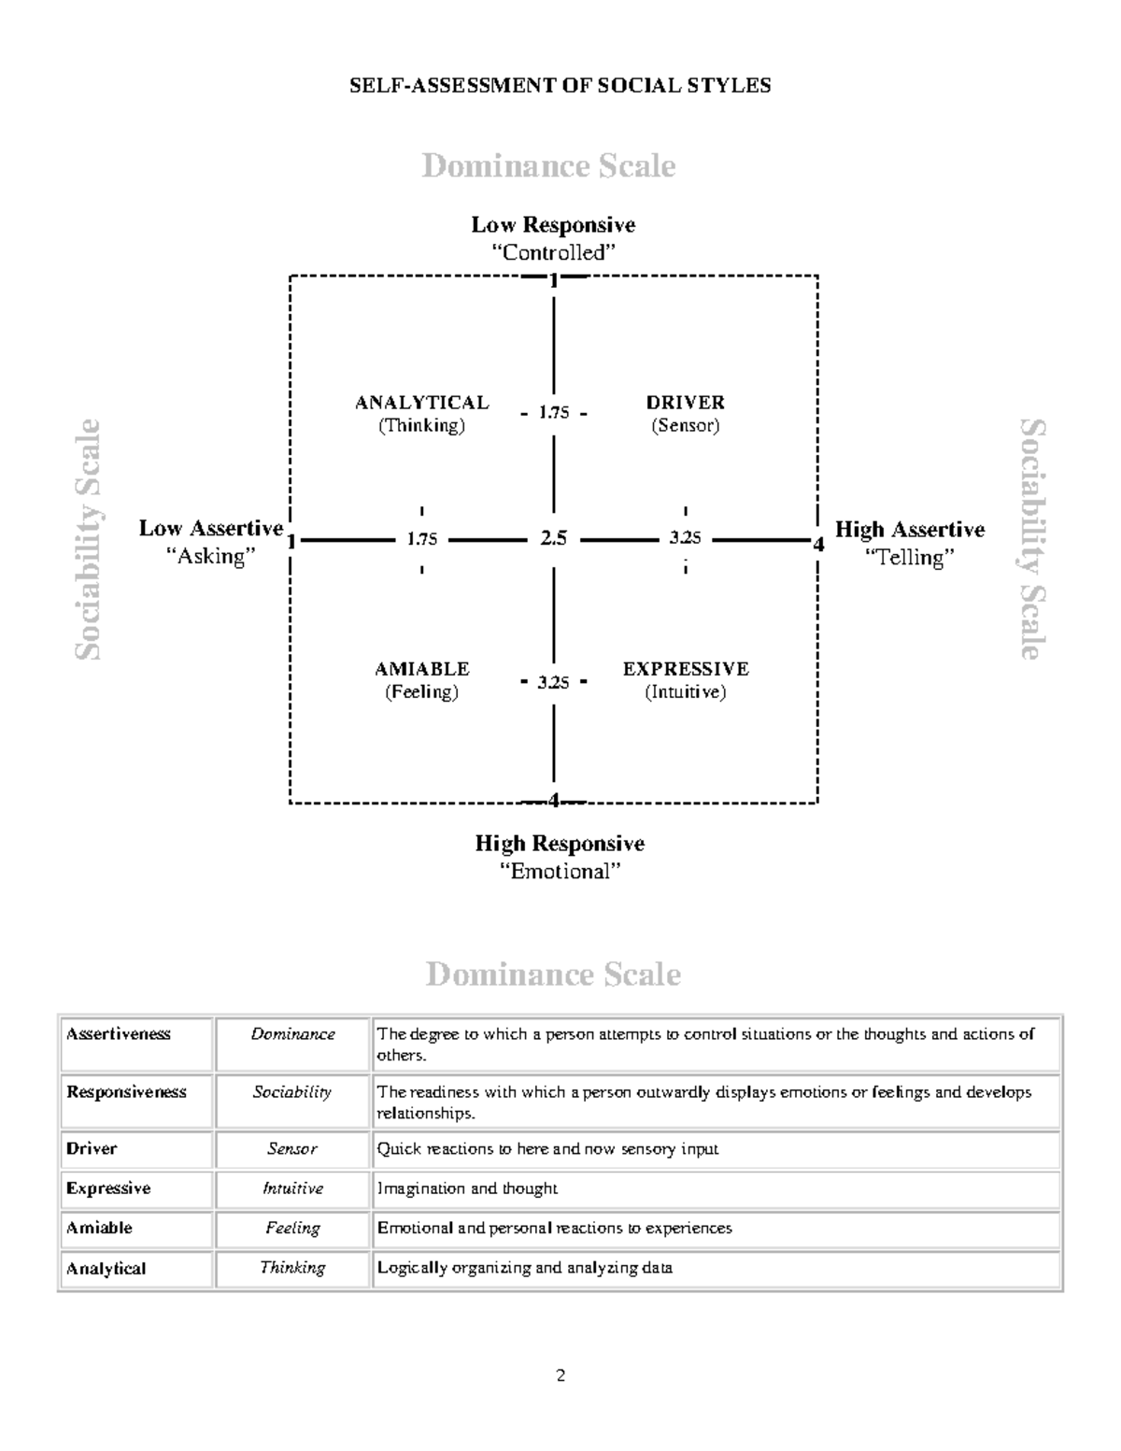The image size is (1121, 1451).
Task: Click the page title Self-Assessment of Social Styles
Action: (560, 86)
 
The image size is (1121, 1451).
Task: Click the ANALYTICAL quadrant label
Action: (421, 403)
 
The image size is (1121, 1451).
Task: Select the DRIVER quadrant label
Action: (685, 403)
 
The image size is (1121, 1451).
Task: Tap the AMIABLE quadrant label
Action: (421, 669)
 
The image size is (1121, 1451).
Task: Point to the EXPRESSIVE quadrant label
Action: (686, 669)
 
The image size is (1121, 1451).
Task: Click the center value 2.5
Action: (553, 538)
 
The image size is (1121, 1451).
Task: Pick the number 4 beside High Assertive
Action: (818, 544)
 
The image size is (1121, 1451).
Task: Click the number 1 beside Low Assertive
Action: (291, 542)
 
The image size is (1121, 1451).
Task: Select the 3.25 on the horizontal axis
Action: (685, 538)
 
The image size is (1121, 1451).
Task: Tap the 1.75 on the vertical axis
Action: (553, 412)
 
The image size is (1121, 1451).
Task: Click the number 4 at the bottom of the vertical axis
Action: (554, 801)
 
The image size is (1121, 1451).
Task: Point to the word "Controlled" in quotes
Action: (554, 252)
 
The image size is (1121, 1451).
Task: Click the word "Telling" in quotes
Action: (909, 558)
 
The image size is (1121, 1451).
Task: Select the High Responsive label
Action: (560, 844)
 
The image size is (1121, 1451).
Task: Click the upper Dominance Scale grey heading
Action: (548, 166)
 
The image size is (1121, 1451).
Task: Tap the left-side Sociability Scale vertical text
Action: (87, 539)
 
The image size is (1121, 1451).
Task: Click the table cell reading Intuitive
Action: (292, 1188)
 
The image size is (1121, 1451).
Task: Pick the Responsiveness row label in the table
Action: (126, 1092)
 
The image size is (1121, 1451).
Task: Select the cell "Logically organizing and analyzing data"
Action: (524, 1268)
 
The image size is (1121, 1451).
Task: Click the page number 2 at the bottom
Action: (560, 1375)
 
